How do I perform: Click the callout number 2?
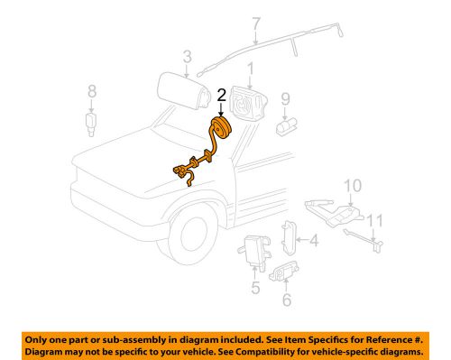click(220, 95)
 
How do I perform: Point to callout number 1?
click(251, 69)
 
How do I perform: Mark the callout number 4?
click(313, 241)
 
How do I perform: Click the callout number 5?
click(255, 290)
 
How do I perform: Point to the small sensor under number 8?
click(91, 121)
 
